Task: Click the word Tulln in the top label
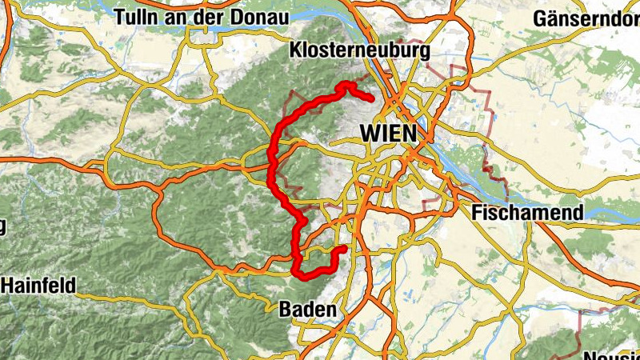(x=136, y=17)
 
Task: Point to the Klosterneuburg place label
(x=362, y=50)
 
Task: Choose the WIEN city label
(x=389, y=133)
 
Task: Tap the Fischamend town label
(x=527, y=213)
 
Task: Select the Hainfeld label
(x=38, y=284)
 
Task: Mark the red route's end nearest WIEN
(x=372, y=99)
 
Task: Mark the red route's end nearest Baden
(x=343, y=249)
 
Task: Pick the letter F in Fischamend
(x=477, y=213)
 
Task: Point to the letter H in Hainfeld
(x=8, y=284)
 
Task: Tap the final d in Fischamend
(x=578, y=213)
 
